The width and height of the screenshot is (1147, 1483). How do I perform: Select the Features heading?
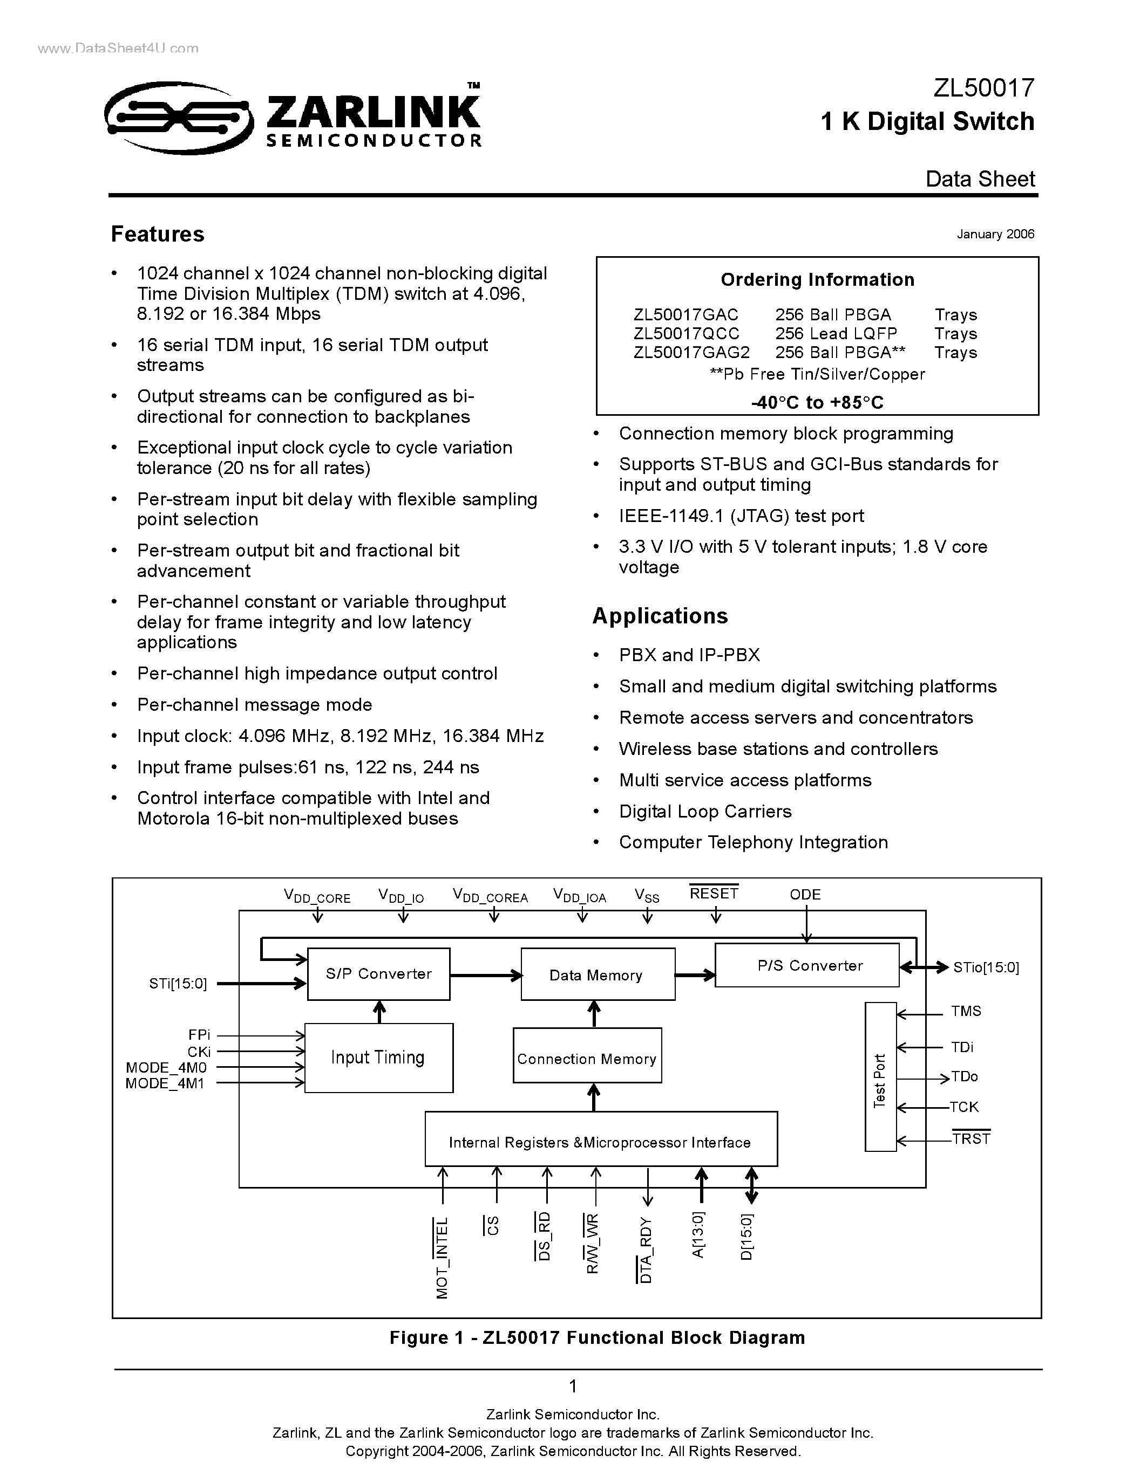coord(157,234)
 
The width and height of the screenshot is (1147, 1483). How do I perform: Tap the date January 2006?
coord(995,234)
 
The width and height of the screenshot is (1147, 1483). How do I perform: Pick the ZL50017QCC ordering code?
coord(686,333)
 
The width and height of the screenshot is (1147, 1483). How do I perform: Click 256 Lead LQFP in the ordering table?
coord(836,333)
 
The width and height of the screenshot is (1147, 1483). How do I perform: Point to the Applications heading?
coord(660,616)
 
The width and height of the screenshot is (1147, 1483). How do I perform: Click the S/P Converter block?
coord(378,974)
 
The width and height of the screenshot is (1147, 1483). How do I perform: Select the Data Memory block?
coord(598,975)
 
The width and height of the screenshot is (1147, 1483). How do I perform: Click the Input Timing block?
coord(378,1058)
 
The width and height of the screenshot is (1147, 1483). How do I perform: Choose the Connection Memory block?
coord(586,1059)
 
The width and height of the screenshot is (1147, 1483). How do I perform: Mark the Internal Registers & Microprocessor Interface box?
coord(600,1142)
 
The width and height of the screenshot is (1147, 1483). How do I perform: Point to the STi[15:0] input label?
coord(178,983)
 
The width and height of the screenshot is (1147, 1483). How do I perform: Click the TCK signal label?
coord(963,1107)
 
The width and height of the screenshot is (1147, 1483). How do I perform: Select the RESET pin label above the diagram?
coord(714,894)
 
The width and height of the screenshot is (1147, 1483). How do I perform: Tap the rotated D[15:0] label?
coord(747,1237)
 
